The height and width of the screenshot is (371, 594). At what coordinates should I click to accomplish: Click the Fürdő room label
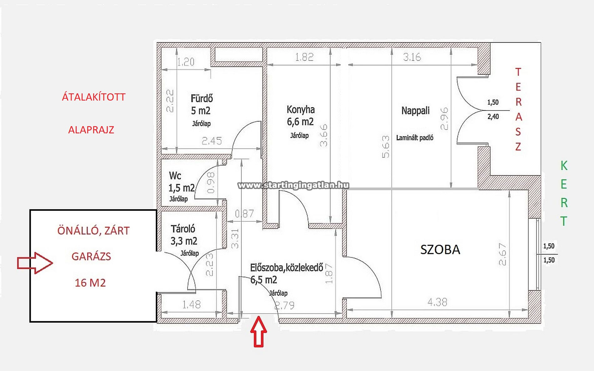[202, 98]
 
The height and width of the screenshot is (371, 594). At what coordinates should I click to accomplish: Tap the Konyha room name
[301, 110]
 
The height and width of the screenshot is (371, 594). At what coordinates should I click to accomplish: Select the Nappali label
[415, 111]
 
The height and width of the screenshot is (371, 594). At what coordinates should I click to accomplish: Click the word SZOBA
[440, 250]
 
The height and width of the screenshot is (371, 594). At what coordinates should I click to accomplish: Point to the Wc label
[175, 176]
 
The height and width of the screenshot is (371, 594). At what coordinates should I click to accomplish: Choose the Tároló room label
[183, 229]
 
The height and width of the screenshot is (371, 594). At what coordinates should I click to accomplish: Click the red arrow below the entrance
[259, 332]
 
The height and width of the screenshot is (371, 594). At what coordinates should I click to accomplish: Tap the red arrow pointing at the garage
[35, 263]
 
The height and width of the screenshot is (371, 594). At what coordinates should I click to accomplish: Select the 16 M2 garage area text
[90, 283]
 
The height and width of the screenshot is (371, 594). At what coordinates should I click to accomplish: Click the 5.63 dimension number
[386, 146]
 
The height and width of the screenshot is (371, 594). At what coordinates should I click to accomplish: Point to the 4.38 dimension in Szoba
[437, 302]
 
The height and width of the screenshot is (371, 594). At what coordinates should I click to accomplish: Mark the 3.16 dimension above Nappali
[412, 57]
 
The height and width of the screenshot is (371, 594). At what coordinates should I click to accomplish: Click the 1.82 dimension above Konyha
[304, 57]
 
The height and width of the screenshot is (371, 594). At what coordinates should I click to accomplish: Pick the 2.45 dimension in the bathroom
[212, 141]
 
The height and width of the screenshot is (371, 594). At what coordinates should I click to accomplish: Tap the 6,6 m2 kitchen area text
[300, 122]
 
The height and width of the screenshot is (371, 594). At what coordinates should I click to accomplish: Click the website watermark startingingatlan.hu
[293, 185]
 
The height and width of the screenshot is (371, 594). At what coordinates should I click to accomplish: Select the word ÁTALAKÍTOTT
[94, 97]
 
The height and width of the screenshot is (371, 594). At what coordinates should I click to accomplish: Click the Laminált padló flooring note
[415, 138]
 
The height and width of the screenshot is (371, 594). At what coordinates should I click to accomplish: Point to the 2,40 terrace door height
[493, 117]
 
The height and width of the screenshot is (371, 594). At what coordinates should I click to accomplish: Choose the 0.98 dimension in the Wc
[211, 183]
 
